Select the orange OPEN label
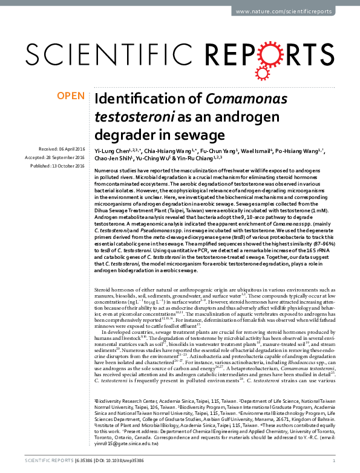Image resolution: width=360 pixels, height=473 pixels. point(71,96)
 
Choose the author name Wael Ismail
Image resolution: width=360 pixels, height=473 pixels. point(255,150)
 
